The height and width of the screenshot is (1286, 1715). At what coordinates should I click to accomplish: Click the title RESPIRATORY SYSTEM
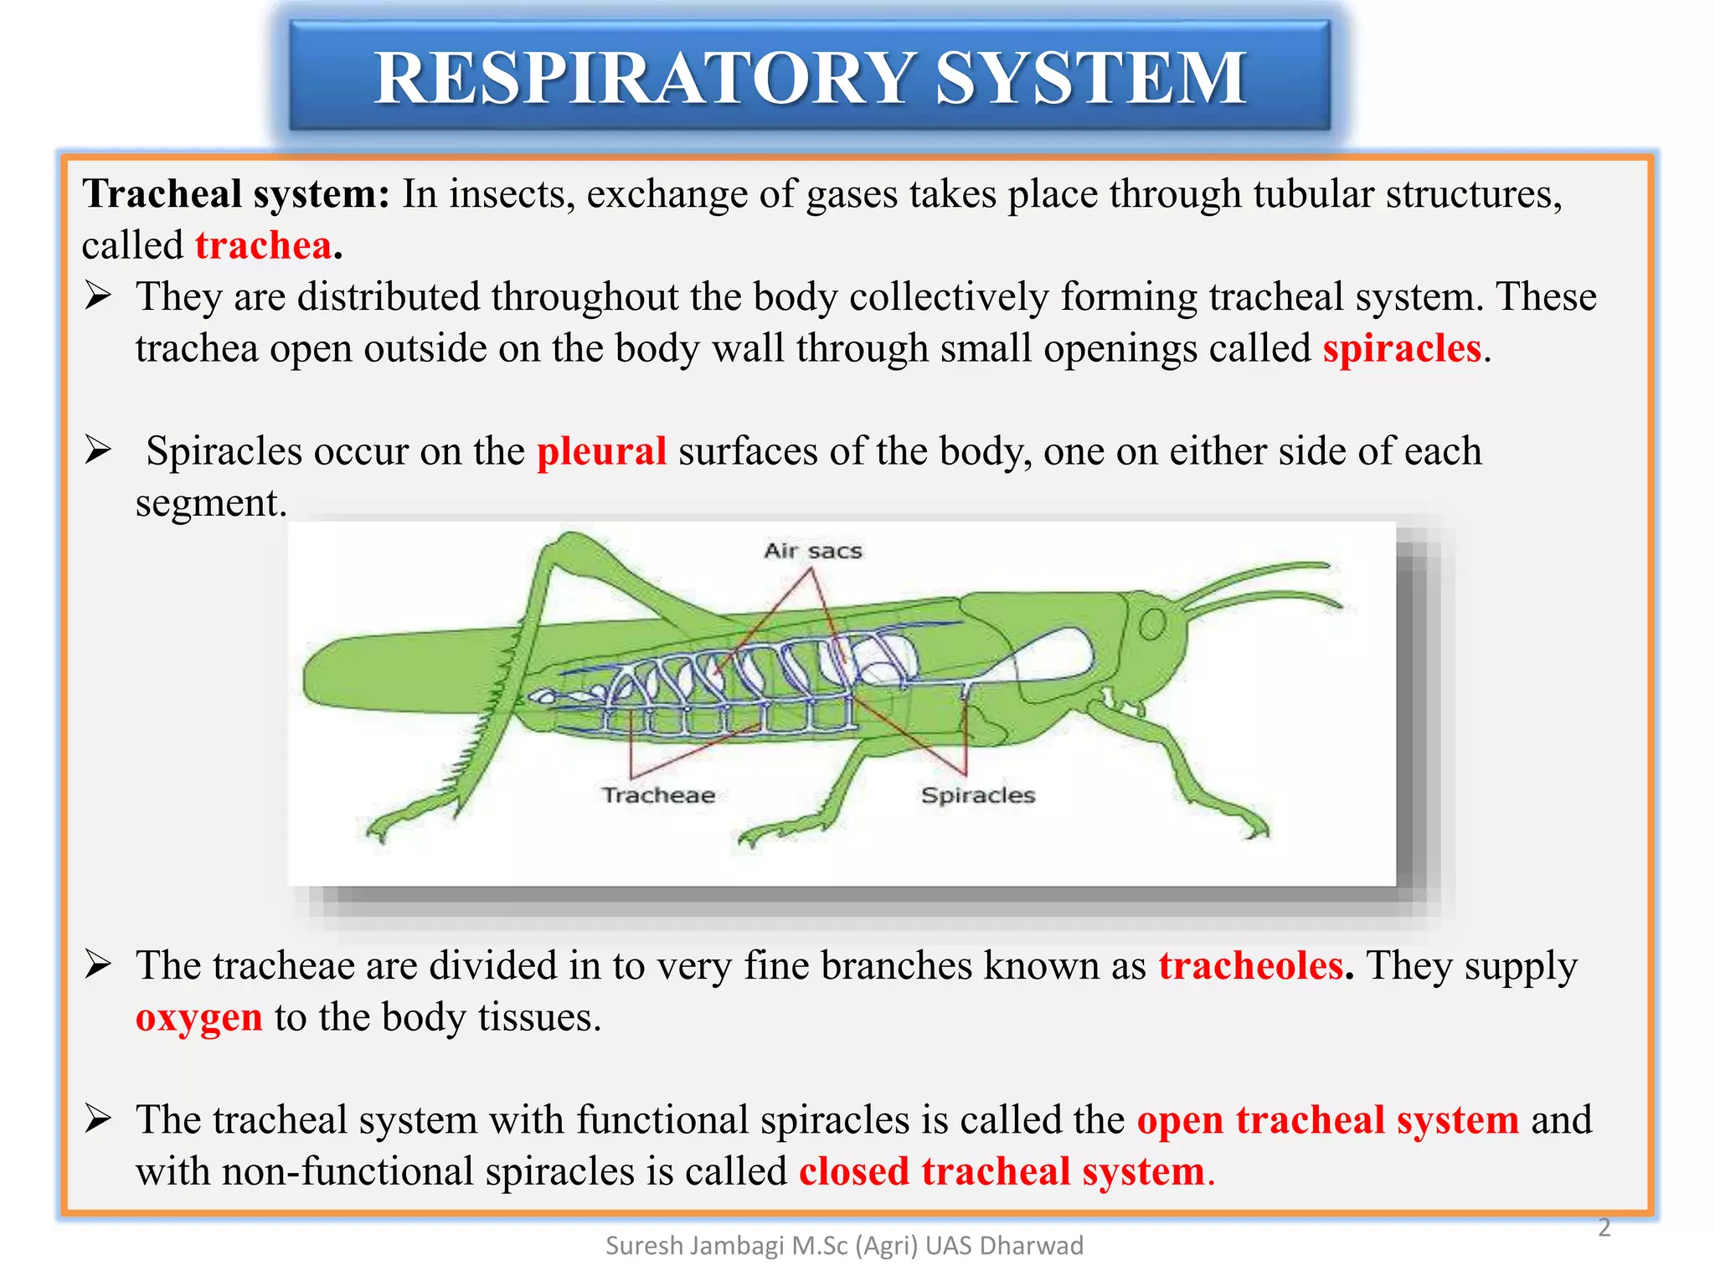tap(810, 77)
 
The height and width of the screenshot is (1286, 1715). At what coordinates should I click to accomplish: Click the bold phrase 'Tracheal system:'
tap(235, 194)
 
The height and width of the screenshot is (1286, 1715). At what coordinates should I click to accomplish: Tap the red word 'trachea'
tap(264, 246)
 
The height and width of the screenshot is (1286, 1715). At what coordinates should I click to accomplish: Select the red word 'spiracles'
tap(1402, 348)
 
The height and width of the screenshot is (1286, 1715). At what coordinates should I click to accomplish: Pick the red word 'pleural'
tap(601, 451)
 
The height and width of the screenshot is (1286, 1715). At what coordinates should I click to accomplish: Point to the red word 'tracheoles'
tap(1251, 966)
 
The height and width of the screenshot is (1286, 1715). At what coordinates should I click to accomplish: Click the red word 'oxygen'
tap(199, 1018)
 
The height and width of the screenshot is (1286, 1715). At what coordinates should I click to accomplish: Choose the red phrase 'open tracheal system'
tap(1327, 1120)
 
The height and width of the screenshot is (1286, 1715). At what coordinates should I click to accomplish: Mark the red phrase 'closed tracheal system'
tap(1002, 1171)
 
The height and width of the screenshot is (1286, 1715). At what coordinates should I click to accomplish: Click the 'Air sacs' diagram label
tap(812, 551)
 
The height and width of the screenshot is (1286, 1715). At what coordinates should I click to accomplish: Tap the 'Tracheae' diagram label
tap(658, 795)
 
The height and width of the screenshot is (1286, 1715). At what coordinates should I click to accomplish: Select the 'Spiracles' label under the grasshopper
tap(977, 795)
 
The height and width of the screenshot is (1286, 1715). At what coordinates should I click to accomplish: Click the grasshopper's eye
tap(1152, 624)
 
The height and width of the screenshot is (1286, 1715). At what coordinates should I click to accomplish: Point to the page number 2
tap(1604, 1227)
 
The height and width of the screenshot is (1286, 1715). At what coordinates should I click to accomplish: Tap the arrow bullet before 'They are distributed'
tap(98, 296)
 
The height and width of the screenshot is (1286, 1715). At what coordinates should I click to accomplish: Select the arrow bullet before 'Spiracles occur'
tap(98, 451)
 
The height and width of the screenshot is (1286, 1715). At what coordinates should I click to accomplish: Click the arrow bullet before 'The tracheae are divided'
tap(98, 966)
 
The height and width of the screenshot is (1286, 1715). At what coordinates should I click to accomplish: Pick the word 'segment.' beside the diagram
tap(211, 503)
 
